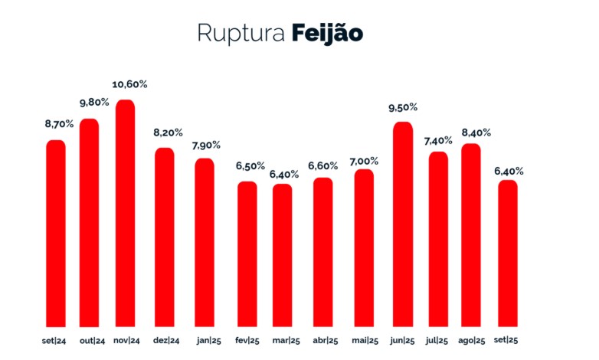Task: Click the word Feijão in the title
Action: point(327,34)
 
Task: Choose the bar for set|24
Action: point(56,233)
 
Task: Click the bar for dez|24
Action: point(165,237)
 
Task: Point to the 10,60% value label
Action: point(126,84)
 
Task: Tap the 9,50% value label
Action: point(404,107)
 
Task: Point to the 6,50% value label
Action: point(247,166)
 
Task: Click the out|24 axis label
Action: point(90,340)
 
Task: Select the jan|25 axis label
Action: point(206,340)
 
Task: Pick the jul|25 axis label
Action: point(439,340)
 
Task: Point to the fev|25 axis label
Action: point(246,340)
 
